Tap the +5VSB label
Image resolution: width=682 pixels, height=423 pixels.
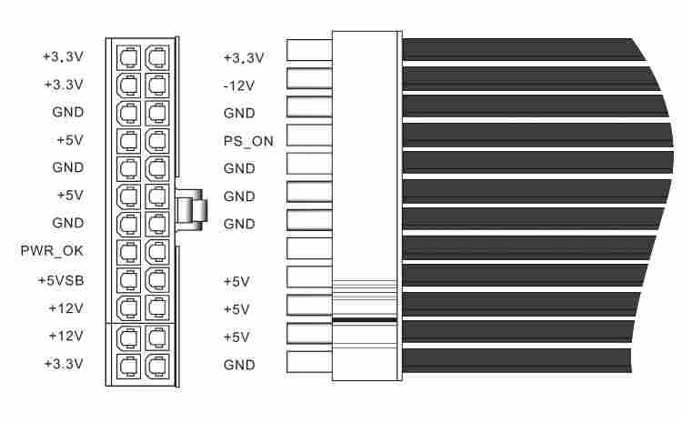pyautogui.click(x=62, y=280)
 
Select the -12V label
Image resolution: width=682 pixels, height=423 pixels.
pyautogui.click(x=239, y=86)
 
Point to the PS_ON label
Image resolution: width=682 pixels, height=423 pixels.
pyautogui.click(x=247, y=141)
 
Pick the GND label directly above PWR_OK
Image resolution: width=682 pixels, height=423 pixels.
pyautogui.click(x=67, y=223)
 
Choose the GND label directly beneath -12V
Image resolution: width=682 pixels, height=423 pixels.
pyautogui.click(x=239, y=114)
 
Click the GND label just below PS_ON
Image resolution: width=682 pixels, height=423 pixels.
pyautogui.click(x=239, y=169)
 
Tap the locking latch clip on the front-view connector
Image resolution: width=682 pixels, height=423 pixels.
pyautogui.click(x=192, y=210)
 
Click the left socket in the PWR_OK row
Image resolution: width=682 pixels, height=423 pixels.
pyautogui.click(x=128, y=252)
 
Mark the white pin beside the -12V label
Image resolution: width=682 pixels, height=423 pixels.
pyautogui.click(x=309, y=78)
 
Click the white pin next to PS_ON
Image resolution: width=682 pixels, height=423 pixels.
pyautogui.click(x=309, y=135)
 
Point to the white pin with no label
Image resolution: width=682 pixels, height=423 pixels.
pyautogui.click(x=309, y=247)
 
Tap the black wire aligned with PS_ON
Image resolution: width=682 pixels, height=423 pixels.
pyautogui.click(x=537, y=135)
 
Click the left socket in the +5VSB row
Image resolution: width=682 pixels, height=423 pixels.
pyautogui.click(x=128, y=279)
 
